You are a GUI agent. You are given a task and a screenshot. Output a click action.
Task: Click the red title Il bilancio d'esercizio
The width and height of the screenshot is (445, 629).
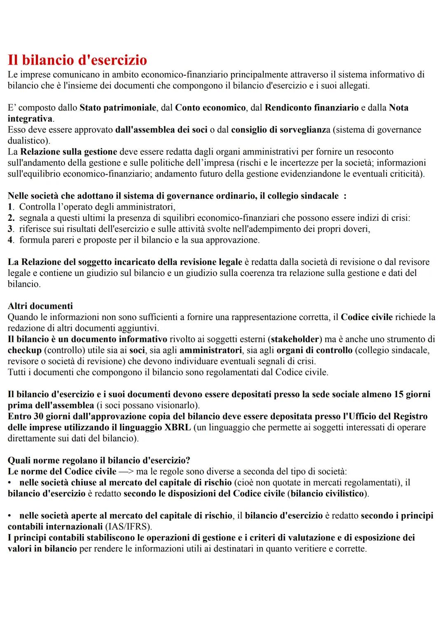(x=77, y=60)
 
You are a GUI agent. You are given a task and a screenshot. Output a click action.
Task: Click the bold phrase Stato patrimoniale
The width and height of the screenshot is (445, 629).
(x=117, y=108)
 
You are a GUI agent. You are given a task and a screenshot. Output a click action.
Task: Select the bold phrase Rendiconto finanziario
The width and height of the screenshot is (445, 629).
(x=311, y=108)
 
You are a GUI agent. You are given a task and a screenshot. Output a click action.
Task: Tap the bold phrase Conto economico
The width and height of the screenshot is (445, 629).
(x=210, y=108)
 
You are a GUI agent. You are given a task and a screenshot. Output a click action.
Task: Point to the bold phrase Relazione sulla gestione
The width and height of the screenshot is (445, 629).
(x=68, y=152)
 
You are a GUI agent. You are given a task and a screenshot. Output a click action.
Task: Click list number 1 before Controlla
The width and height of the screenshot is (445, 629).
(x=10, y=207)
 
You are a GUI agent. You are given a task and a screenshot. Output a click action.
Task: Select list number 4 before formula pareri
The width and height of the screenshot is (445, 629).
(x=10, y=240)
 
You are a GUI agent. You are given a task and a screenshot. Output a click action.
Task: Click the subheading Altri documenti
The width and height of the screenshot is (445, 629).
(x=40, y=306)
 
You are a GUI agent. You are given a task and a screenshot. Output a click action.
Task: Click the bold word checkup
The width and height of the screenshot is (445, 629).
(x=25, y=351)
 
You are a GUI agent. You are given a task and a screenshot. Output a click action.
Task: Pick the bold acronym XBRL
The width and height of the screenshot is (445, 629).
(x=177, y=428)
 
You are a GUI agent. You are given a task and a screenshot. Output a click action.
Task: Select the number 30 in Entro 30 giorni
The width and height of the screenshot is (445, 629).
(x=35, y=416)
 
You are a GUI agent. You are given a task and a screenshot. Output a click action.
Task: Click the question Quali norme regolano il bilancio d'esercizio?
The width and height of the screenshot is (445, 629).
(x=99, y=461)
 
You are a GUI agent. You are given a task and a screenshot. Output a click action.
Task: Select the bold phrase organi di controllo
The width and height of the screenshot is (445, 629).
(x=314, y=351)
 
